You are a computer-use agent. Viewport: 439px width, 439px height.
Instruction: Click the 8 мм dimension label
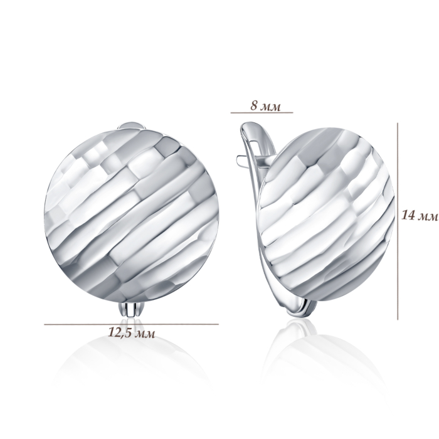point(265,107)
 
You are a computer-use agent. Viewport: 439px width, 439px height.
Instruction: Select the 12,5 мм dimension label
point(131,333)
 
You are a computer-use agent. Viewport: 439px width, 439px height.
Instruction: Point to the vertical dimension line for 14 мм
point(398,221)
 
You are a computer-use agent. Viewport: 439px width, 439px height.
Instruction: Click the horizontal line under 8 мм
point(262,113)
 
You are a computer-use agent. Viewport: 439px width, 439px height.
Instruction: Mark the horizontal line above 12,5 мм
point(131,324)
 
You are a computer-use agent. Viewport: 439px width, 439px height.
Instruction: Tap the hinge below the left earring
point(130,309)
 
